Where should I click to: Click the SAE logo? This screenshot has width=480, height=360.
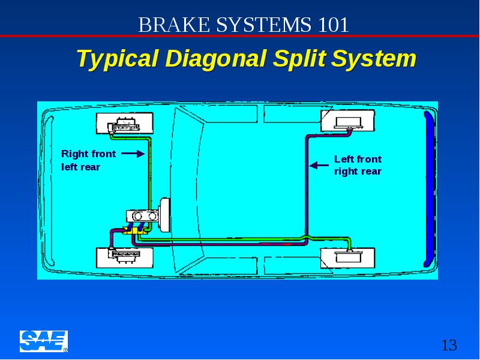(44, 341)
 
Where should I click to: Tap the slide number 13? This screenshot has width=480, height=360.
(449, 346)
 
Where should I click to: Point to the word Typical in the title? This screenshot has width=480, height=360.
(118, 59)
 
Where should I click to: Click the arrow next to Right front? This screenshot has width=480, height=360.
(133, 154)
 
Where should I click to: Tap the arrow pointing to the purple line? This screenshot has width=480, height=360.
(319, 166)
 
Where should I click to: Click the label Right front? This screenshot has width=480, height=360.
(88, 154)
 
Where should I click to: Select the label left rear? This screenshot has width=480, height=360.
(81, 167)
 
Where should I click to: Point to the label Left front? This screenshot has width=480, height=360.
(358, 159)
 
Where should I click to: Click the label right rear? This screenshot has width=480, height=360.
(358, 172)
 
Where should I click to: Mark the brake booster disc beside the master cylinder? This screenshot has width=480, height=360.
(164, 215)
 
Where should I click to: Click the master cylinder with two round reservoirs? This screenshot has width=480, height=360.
(143, 216)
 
